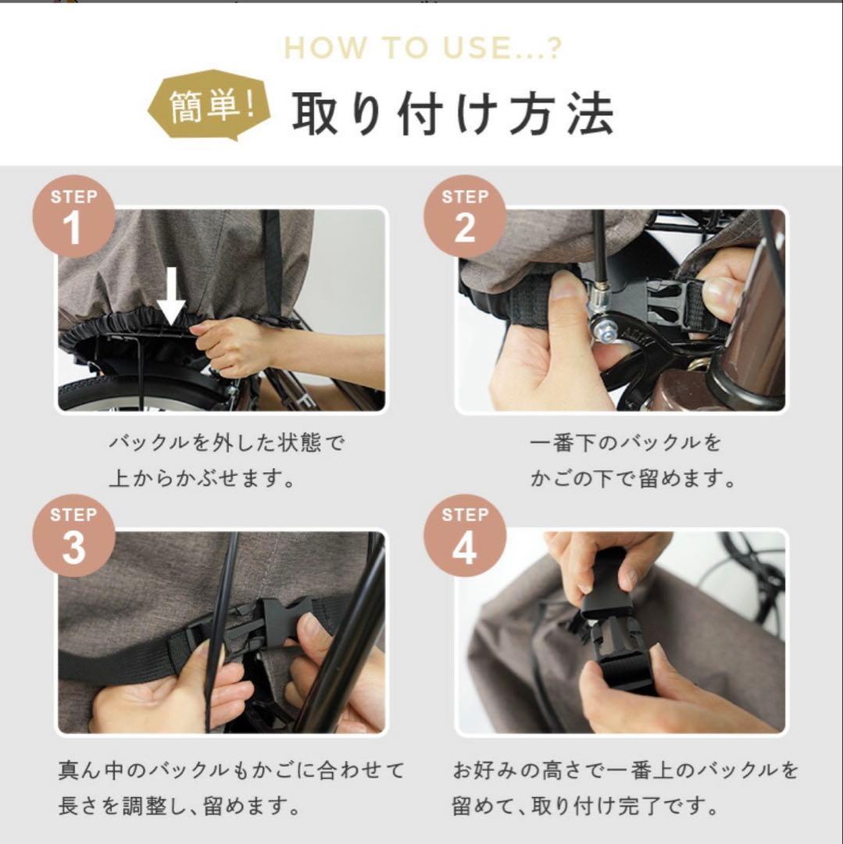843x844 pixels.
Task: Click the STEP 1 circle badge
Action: [73, 216]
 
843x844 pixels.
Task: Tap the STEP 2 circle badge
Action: [465, 216]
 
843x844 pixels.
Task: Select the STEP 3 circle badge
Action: [73, 535]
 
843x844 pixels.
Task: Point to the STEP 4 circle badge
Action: [465, 535]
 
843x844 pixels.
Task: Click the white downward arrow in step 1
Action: [171, 297]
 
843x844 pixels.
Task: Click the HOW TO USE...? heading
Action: [423, 48]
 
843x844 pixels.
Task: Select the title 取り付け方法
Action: [452, 113]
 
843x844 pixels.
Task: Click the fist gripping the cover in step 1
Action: [229, 347]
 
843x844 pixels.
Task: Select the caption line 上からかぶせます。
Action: [202, 478]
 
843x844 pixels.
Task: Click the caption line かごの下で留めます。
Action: [633, 478]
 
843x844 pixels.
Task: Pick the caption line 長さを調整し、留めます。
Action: [179, 806]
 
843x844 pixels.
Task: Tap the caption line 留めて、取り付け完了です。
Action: [585, 806]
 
